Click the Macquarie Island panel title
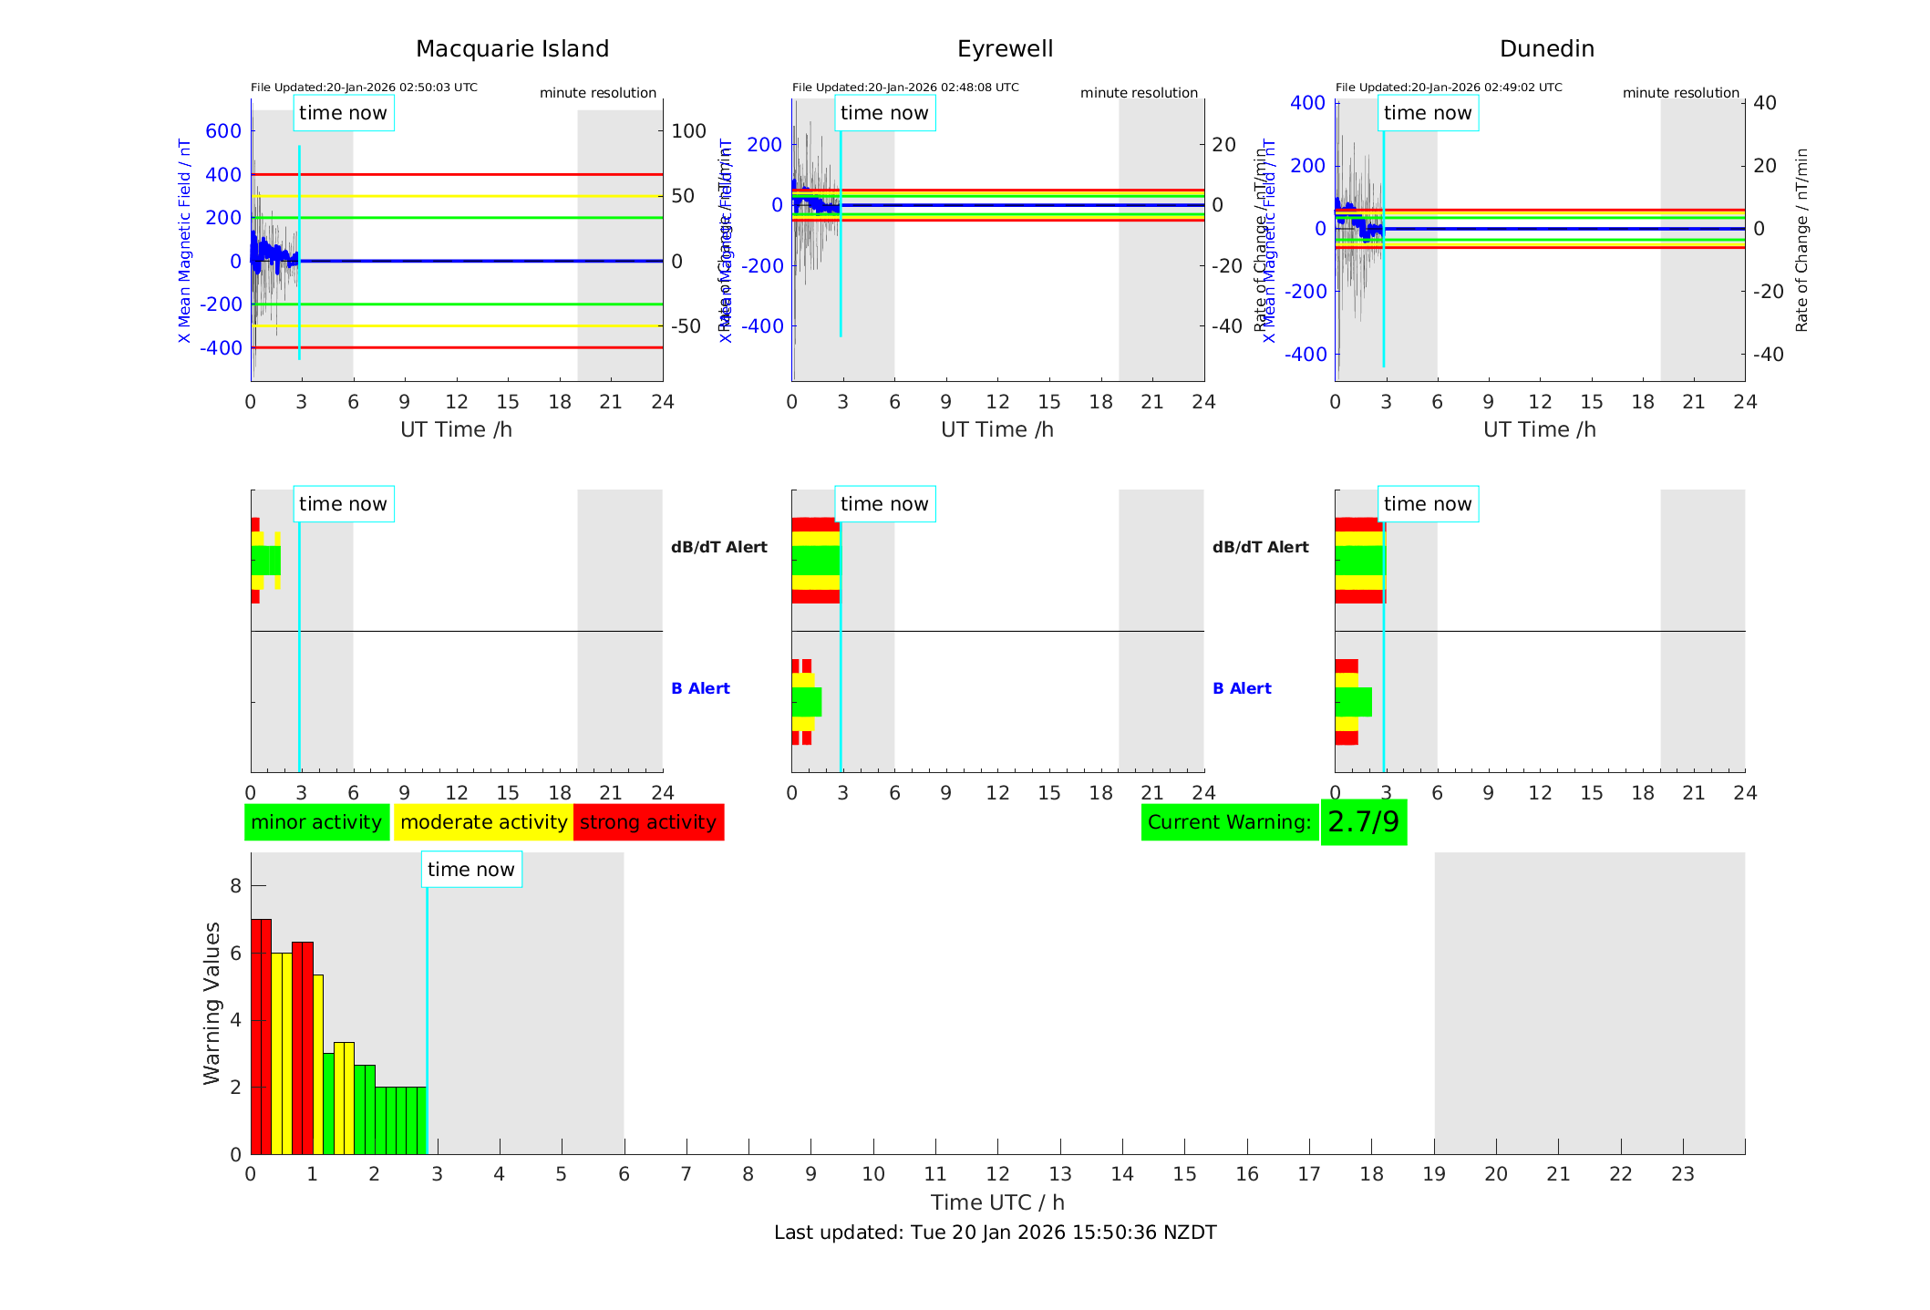point(511,49)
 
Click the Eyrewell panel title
point(1005,49)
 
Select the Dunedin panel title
point(1546,49)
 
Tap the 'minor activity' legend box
point(316,822)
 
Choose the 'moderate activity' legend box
point(483,822)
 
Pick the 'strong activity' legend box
point(648,822)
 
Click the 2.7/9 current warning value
point(1363,822)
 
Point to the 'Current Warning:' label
point(1229,822)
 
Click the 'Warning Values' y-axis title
point(212,1003)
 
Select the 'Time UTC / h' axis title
point(997,1202)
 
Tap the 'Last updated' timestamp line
point(995,1233)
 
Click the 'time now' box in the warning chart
point(470,870)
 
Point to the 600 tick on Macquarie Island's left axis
point(223,131)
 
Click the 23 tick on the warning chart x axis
point(1682,1174)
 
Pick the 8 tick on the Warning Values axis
point(236,886)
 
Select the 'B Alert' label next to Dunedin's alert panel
point(1242,688)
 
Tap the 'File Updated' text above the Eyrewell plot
point(904,88)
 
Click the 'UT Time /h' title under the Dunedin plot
point(1539,429)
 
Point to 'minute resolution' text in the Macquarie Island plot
point(597,93)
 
